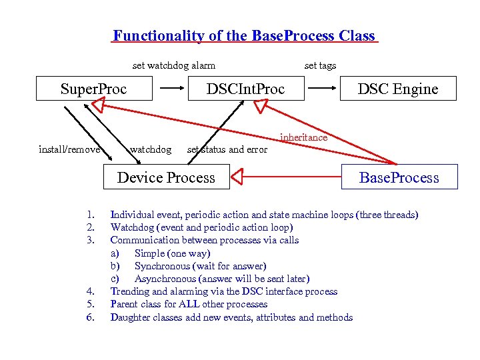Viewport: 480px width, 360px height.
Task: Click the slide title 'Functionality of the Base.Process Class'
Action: [x=244, y=36]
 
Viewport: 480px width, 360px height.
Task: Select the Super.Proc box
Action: [x=94, y=89]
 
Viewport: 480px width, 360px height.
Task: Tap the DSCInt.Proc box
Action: [x=245, y=89]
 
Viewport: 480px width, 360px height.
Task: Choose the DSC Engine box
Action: [x=398, y=89]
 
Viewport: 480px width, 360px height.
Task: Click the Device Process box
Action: [x=166, y=177]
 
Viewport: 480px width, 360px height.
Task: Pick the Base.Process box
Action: [x=399, y=177]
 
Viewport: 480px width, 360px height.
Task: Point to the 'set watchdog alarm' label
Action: [x=174, y=65]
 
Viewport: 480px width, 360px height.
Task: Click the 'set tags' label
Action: [x=320, y=65]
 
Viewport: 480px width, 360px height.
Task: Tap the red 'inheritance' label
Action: [x=303, y=137]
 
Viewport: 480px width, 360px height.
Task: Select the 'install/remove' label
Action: [x=69, y=149]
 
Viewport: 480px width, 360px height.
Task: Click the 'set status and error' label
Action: [x=227, y=149]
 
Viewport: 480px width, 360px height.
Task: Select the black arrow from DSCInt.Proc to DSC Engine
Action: [x=325, y=87]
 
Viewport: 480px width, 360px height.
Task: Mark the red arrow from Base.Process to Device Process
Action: [x=287, y=177]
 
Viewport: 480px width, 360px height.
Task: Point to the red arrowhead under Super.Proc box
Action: [x=99, y=104]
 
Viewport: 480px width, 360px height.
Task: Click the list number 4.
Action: [x=90, y=291]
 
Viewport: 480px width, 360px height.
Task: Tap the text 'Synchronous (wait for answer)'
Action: [x=200, y=266]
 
